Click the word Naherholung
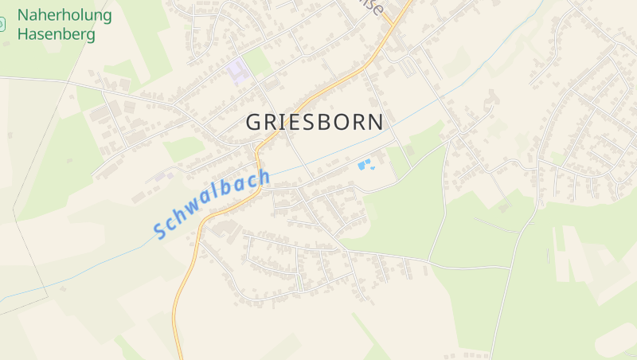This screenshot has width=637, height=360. coord(64,15)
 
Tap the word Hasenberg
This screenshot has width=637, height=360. coord(56,34)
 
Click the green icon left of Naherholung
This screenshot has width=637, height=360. coord(2,25)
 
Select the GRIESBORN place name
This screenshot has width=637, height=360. coord(315,123)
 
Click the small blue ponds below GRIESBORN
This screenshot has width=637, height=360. coord(365,165)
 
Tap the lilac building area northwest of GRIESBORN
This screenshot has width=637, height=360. coord(236,72)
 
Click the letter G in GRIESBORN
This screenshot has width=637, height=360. coord(253,123)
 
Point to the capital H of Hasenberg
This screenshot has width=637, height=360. coord(23,34)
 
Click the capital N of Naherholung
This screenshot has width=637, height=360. coord(23,15)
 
